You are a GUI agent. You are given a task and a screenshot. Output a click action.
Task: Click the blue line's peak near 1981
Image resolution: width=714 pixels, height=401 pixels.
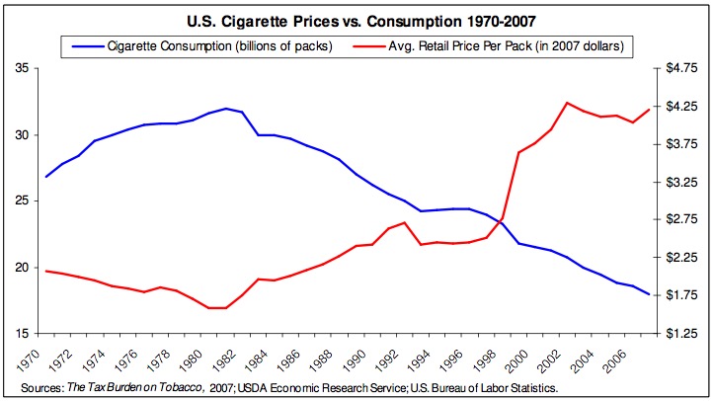tap(226, 109)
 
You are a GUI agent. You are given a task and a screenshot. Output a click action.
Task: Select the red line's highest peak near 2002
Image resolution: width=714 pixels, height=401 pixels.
tap(567, 103)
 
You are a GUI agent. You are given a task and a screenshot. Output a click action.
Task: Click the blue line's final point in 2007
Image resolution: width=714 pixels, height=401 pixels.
tap(649, 294)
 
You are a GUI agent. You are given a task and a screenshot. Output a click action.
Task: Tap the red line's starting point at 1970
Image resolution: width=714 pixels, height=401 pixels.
tap(46, 271)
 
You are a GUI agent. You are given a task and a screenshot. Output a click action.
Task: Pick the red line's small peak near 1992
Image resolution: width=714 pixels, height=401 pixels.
tap(405, 223)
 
